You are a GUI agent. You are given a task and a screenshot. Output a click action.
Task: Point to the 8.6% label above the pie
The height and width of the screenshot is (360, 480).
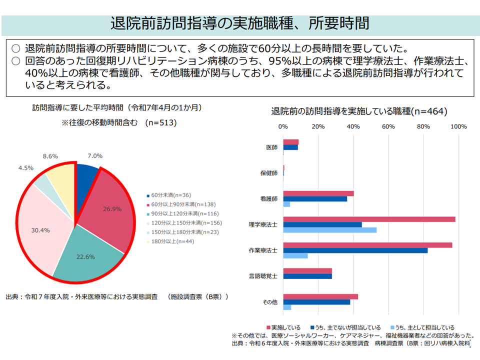50,156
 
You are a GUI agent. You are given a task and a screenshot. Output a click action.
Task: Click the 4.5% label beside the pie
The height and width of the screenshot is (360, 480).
25,168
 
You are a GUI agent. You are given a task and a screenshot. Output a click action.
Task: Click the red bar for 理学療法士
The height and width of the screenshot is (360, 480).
369,219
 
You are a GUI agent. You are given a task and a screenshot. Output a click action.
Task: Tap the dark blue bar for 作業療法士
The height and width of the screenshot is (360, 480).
355,250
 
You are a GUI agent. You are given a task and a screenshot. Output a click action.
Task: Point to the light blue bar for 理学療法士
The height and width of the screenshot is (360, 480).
330,230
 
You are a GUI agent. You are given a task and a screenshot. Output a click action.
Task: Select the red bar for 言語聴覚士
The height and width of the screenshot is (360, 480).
307,271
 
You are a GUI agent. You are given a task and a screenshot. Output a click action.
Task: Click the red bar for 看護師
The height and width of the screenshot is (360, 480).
318,193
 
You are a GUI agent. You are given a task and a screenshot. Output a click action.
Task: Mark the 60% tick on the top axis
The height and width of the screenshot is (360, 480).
388,126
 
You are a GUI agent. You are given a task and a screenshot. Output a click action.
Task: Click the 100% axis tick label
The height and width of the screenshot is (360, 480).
458,126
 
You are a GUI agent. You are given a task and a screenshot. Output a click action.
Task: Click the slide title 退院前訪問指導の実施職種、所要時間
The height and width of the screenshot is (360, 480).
240,23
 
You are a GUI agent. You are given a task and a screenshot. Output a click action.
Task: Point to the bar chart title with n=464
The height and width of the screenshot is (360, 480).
359,111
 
